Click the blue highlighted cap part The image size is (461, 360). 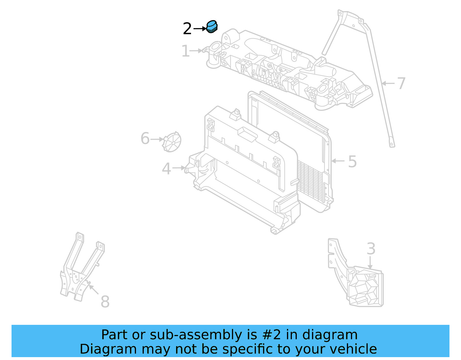coord(212,27)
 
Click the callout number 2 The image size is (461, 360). coord(187,29)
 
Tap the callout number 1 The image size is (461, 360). coord(186,51)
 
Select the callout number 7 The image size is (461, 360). coord(401,83)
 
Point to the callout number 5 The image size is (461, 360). coord(352,161)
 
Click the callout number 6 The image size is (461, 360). coord(145,139)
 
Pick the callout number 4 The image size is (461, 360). coord(167,169)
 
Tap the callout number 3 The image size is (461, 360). coord(371,249)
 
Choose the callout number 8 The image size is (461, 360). coord(105,302)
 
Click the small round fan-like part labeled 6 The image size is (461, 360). coord(172,142)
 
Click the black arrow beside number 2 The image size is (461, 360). coord(200,29)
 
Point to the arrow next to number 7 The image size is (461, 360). coord(388,83)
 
